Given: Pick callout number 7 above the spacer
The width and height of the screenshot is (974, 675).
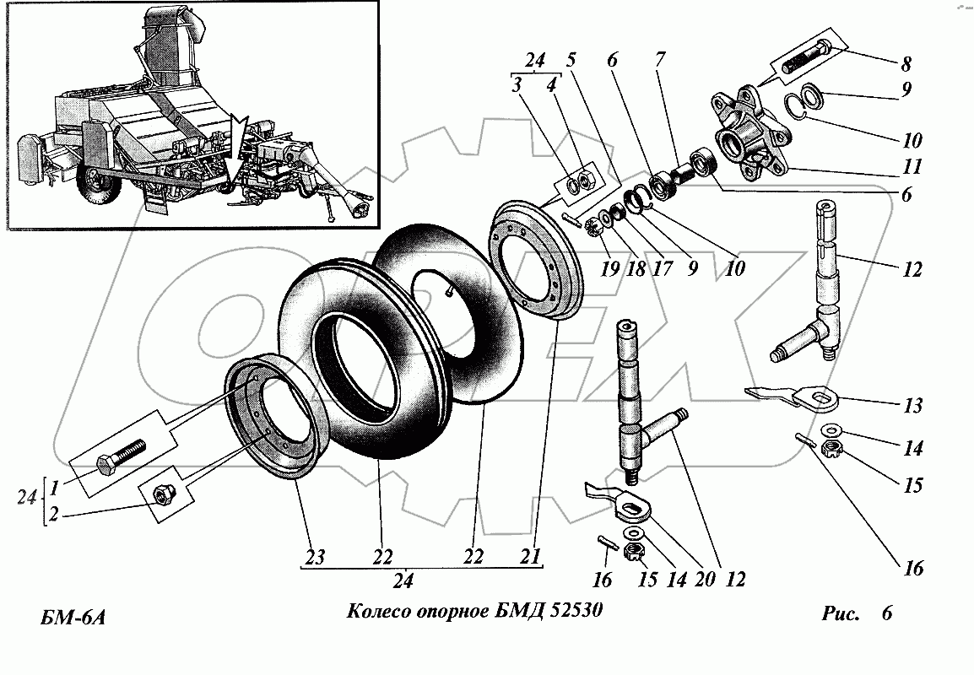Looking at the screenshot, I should [659, 60].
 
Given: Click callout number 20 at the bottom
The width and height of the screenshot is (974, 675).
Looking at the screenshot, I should [701, 580].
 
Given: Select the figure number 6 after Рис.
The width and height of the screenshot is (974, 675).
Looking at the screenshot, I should [886, 613].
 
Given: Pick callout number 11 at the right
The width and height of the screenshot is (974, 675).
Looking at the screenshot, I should [910, 166].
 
